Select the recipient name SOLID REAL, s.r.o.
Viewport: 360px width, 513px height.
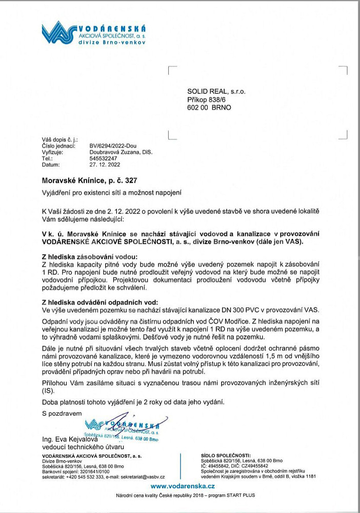click(216, 91)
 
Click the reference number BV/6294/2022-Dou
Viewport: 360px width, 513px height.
click(113, 146)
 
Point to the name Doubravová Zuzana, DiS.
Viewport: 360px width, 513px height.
click(121, 152)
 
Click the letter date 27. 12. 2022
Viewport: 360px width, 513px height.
click(105, 165)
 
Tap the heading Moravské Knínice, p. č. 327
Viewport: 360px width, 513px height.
click(90, 181)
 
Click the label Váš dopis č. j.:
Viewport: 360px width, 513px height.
click(59, 140)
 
